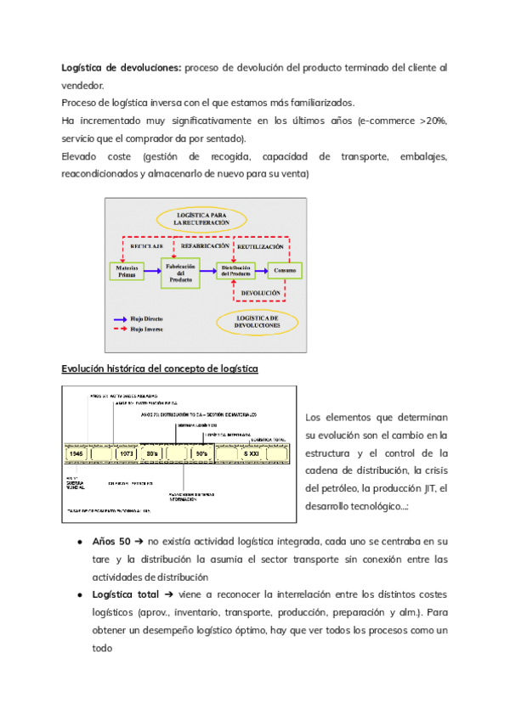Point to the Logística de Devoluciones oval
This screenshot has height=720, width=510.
[257, 321]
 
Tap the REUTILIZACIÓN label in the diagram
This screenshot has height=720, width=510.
[260, 245]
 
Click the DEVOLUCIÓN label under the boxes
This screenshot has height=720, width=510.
[260, 293]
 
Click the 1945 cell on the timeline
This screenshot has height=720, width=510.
[77, 453]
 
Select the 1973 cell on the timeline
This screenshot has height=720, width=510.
[127, 453]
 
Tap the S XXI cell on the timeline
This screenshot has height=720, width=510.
[252, 453]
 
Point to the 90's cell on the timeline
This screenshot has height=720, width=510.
[201, 453]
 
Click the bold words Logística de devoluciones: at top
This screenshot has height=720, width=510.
[121, 67]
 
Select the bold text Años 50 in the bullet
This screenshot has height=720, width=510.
[110, 541]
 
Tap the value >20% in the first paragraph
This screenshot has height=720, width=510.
[433, 121]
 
